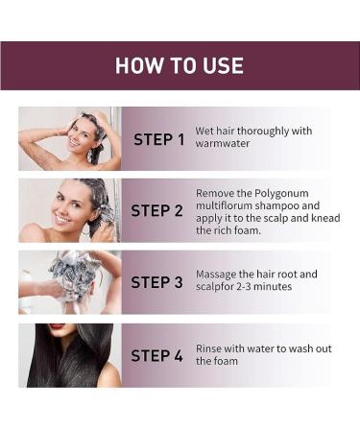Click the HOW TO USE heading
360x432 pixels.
coord(180,65)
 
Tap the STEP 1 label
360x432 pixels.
coord(158,139)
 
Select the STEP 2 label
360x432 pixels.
coord(156,210)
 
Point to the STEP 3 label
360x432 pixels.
coord(156,282)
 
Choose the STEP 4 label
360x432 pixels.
coord(156,355)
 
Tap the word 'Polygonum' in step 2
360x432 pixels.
coord(269,192)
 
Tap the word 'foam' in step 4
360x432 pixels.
coord(227,362)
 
